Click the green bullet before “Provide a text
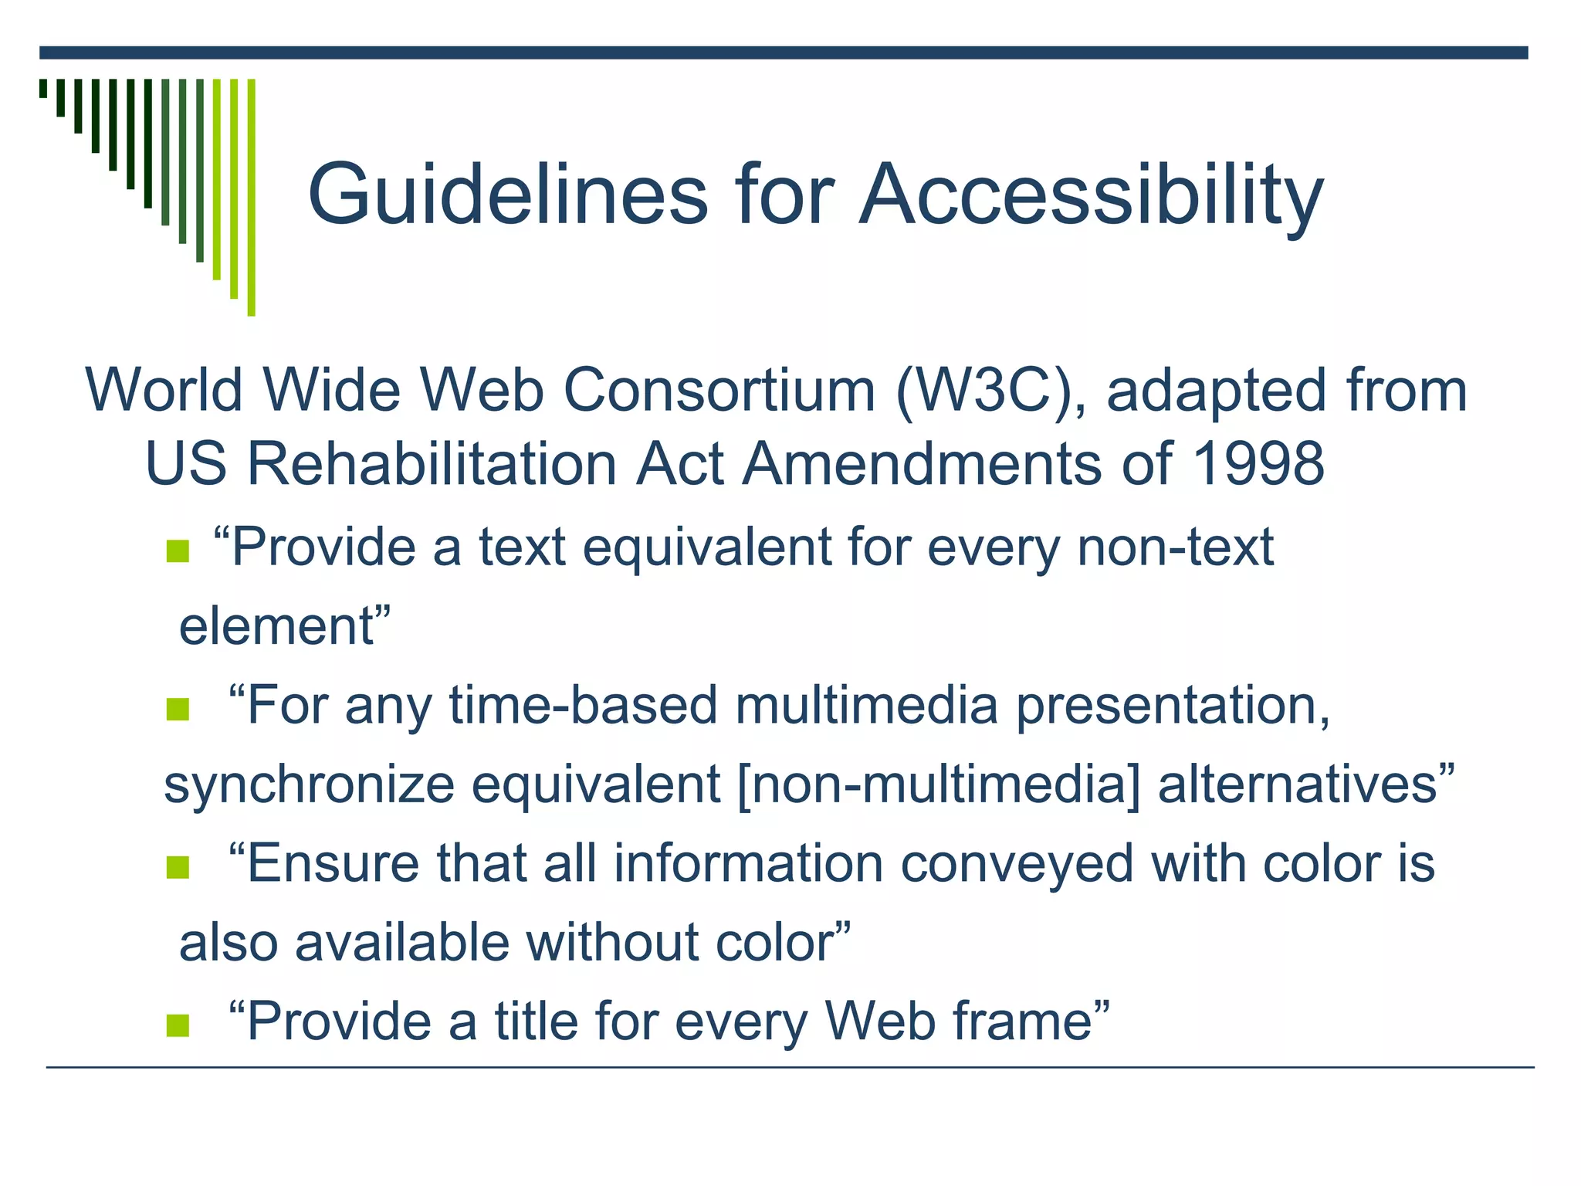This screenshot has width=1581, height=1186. (x=178, y=551)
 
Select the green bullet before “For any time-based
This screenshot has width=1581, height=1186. (x=178, y=709)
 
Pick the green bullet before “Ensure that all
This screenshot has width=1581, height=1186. (x=178, y=867)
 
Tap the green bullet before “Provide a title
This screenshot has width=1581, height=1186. (x=178, y=1025)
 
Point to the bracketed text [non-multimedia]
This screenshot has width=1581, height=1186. (x=938, y=784)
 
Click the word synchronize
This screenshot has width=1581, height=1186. (x=309, y=784)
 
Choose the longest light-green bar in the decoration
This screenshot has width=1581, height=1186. (x=251, y=197)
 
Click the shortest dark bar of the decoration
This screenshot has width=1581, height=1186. (x=43, y=88)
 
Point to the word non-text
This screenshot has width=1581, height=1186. (x=1174, y=547)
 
